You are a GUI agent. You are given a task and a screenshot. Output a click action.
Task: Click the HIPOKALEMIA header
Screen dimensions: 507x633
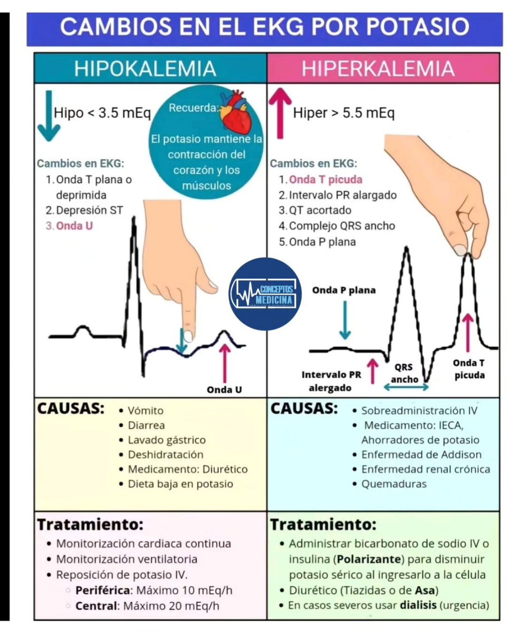(145, 69)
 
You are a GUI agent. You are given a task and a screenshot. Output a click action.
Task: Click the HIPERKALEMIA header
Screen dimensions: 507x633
(378, 69)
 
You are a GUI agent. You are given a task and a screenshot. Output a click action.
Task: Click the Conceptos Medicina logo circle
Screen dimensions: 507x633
(265, 294)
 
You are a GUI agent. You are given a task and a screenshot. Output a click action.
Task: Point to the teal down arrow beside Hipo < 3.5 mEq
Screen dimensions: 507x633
(49, 116)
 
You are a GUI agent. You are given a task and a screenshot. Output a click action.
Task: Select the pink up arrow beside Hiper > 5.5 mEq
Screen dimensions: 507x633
(280, 113)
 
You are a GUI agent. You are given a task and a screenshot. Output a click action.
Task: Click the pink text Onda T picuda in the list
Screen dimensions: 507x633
(326, 180)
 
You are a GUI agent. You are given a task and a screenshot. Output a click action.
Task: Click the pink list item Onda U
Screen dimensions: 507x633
(74, 225)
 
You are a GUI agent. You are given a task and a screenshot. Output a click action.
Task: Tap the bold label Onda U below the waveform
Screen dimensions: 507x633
(224, 390)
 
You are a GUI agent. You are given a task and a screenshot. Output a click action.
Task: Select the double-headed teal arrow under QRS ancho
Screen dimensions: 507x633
(406, 388)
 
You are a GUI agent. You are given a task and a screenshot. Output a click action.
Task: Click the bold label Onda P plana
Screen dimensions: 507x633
(344, 290)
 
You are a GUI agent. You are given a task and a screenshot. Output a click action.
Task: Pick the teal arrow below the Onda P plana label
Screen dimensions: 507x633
(345, 320)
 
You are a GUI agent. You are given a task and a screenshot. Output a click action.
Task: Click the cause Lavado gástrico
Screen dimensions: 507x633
(166, 440)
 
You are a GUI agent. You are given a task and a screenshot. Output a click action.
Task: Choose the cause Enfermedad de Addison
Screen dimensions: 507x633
(421, 454)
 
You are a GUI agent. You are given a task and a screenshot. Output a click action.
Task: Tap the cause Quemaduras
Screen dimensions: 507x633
(394, 484)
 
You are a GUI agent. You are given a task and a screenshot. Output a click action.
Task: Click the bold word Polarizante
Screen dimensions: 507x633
(369, 559)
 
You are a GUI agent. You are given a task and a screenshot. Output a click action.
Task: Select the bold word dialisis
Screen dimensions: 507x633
(418, 605)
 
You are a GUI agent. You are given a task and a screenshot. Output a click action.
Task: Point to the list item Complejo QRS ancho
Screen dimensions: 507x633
(342, 226)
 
